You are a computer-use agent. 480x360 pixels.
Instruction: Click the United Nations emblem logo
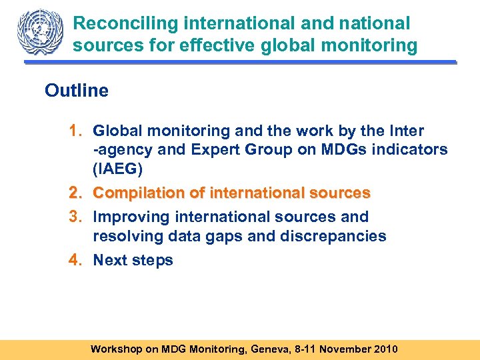click(39, 32)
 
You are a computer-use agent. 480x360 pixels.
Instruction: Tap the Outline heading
click(77, 91)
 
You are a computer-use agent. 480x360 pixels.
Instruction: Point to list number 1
click(75, 131)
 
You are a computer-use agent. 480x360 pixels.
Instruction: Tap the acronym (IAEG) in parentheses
click(118, 169)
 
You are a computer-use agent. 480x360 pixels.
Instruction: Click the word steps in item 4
click(152, 261)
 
